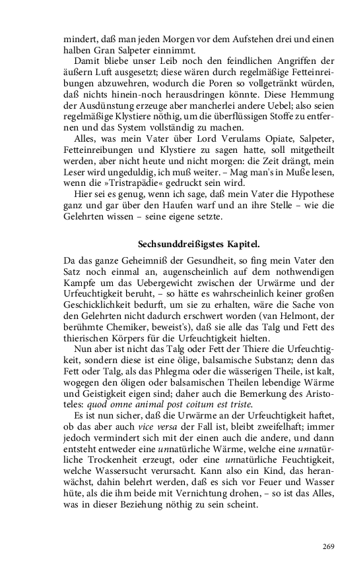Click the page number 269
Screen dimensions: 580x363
coord(329,546)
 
